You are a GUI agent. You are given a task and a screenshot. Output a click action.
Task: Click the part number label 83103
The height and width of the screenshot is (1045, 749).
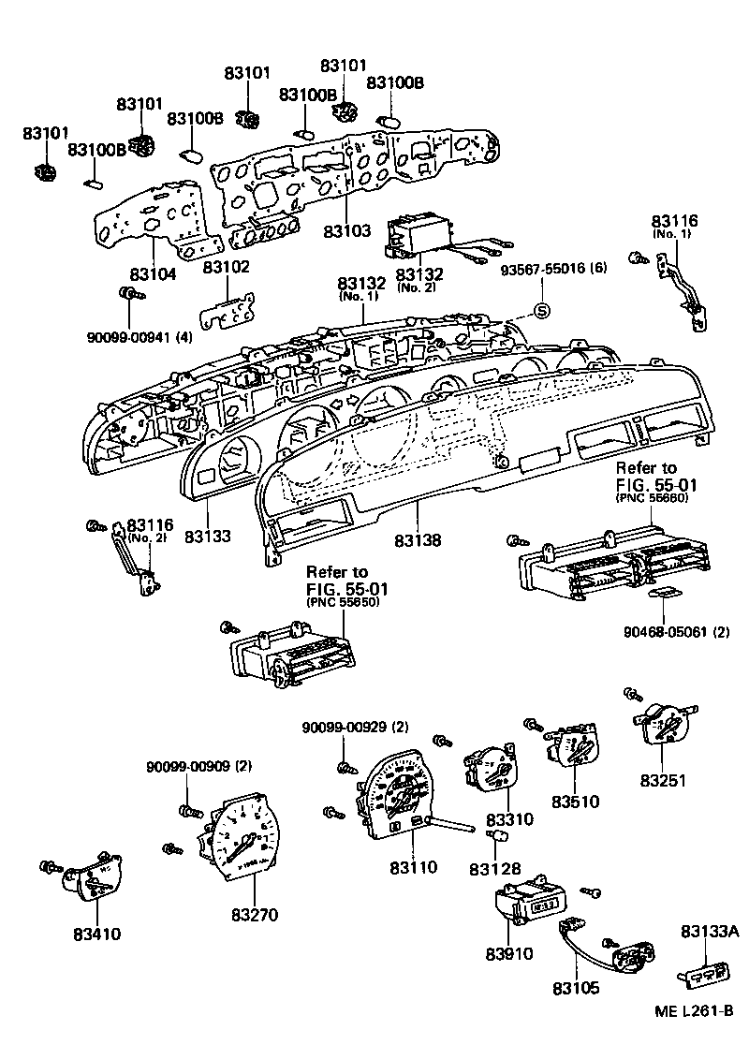346,230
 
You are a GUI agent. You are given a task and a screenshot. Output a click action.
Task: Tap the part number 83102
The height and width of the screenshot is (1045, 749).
227,267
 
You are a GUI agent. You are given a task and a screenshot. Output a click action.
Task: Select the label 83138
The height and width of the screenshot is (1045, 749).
418,540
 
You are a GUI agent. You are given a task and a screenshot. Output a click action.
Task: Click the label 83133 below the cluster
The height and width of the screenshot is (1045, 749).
208,537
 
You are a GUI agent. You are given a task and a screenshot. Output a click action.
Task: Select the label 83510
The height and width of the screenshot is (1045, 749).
575,802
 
